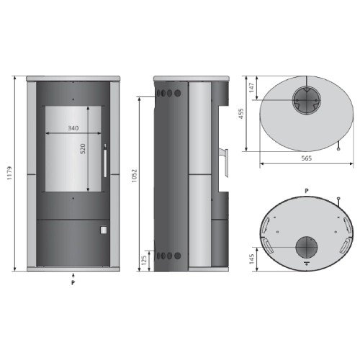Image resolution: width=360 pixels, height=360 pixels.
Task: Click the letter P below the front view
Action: [x=73, y=284]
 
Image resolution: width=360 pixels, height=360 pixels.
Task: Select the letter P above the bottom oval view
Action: [x=307, y=189]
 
